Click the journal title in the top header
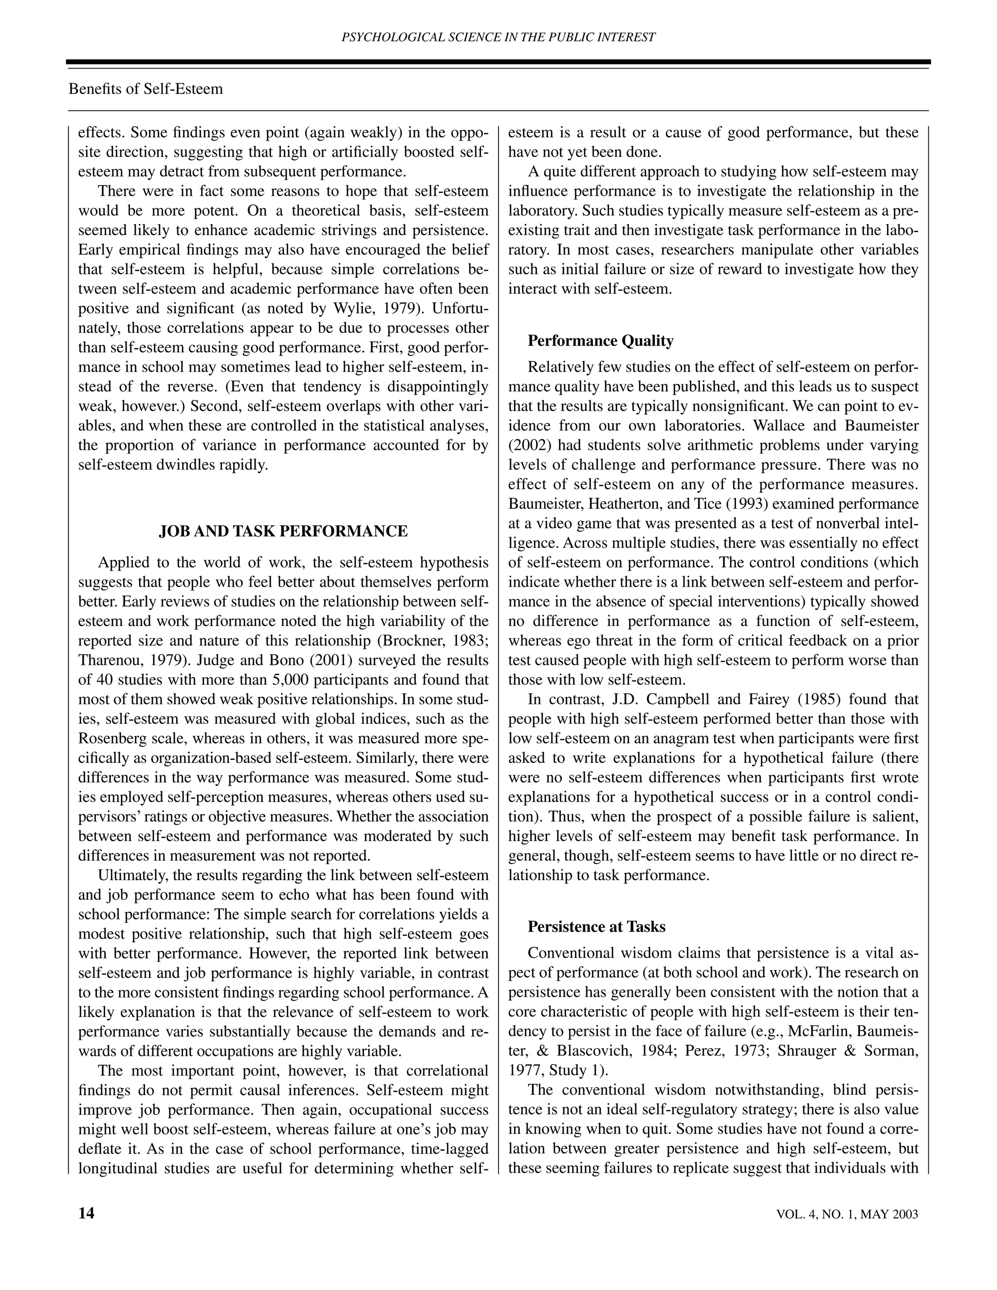(498, 37)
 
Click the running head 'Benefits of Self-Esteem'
(146, 89)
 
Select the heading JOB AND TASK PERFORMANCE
(283, 531)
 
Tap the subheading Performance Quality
(600, 341)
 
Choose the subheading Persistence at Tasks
(596, 926)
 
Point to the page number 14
(86, 1213)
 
